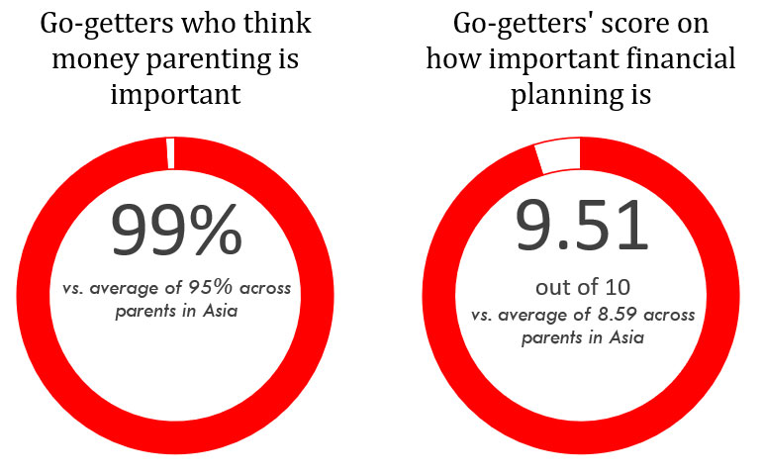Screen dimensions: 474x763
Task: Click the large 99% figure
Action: click(x=175, y=230)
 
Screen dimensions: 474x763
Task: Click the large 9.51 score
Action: click(x=582, y=226)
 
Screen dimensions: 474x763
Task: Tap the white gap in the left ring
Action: click(x=170, y=153)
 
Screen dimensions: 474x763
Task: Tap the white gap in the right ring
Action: click(x=558, y=155)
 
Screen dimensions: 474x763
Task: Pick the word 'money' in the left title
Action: click(x=94, y=58)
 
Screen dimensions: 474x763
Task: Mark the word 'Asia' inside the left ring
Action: click(x=220, y=313)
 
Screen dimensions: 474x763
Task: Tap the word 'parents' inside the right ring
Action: click(x=555, y=338)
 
